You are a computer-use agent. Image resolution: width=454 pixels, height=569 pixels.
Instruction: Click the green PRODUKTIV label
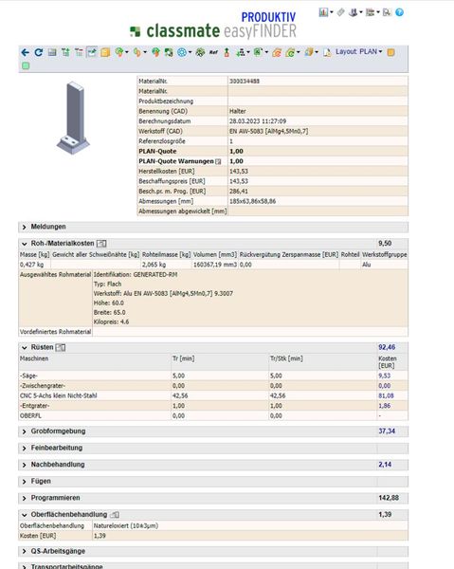[268, 17]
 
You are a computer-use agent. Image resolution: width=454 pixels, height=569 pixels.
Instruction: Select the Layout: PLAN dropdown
[358, 51]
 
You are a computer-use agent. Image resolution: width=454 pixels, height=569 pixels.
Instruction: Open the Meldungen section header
[49, 227]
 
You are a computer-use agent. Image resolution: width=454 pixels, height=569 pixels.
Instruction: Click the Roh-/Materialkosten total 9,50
[384, 244]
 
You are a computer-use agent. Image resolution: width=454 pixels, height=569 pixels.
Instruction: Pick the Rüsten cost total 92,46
[387, 347]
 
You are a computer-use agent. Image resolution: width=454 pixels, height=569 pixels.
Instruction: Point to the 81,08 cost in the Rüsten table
[387, 395]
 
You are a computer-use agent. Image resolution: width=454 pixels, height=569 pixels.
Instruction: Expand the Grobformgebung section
[59, 431]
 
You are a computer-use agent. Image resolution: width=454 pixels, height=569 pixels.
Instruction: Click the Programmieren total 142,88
[389, 497]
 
